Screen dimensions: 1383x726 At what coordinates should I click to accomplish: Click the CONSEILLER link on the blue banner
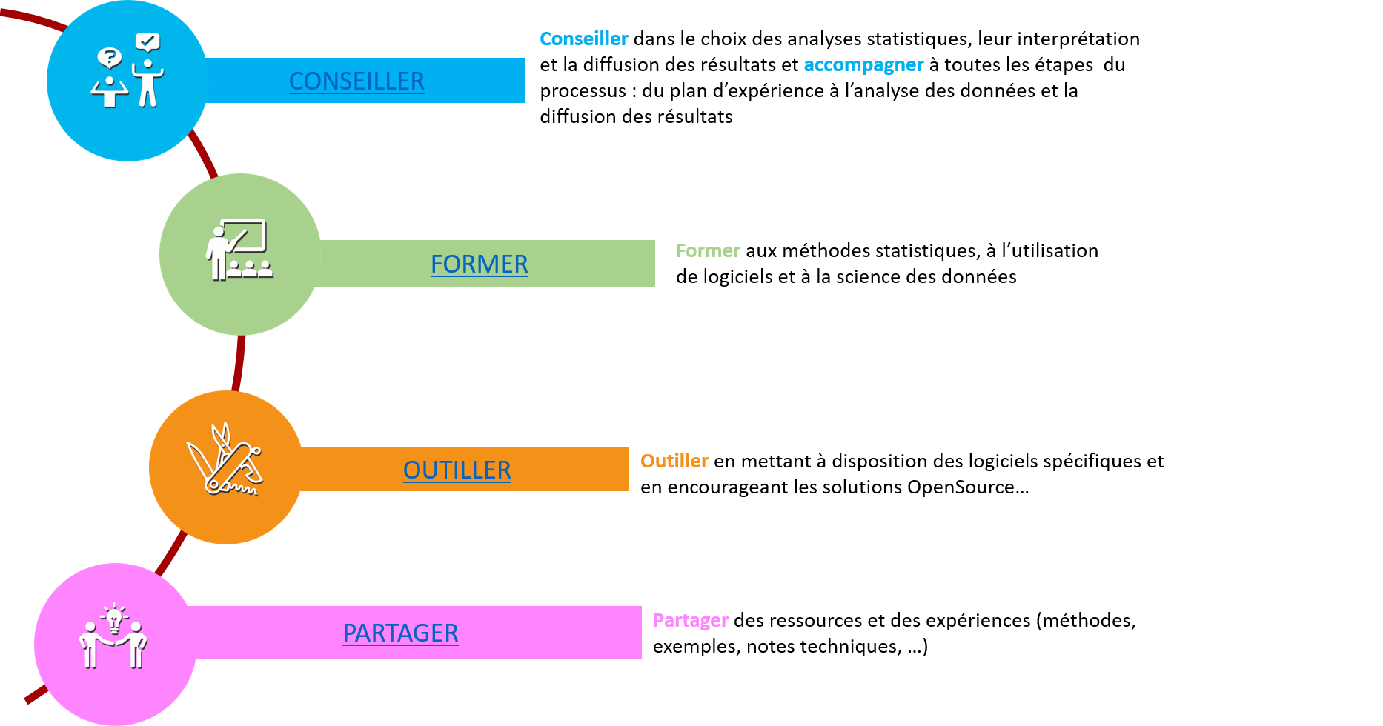point(356,81)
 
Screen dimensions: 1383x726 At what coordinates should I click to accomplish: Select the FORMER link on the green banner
point(480,264)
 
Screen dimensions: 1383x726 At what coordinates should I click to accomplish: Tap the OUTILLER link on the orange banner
point(457,470)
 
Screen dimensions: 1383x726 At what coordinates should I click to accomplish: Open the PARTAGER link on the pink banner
point(400,633)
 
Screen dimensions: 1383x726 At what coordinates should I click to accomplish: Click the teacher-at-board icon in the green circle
point(239,250)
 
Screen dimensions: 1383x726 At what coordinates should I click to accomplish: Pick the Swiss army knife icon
point(225,459)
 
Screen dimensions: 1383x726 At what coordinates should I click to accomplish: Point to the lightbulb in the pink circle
point(114,618)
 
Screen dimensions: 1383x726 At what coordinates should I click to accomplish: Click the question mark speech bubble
point(109,58)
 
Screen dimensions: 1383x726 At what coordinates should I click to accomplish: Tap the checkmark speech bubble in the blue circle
point(147,42)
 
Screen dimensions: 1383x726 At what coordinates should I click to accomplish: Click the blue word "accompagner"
point(863,66)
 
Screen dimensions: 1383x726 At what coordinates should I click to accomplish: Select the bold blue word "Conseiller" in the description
point(584,39)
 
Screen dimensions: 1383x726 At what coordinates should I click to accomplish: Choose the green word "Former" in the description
point(708,251)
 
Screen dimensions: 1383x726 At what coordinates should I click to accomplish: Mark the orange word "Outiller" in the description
point(674,462)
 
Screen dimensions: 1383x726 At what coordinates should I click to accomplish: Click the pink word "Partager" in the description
point(691,622)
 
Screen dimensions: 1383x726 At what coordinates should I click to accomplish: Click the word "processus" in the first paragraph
point(583,92)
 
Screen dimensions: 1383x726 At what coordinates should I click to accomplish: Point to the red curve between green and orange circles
point(238,363)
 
